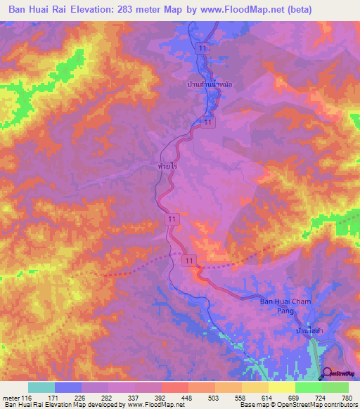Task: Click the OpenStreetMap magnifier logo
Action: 326,373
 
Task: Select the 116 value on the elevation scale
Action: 27,397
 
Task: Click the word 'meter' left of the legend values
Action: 10,397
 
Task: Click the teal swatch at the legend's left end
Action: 41,387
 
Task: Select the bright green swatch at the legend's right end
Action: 335,387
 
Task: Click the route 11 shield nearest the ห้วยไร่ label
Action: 172,220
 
